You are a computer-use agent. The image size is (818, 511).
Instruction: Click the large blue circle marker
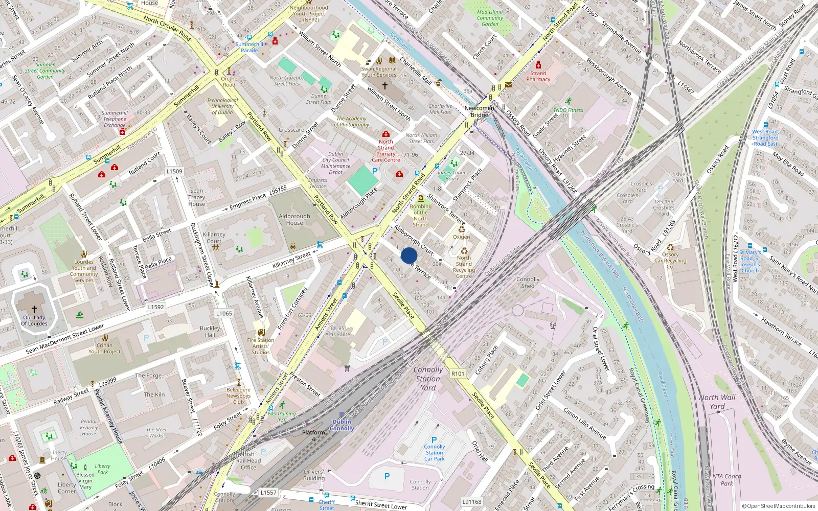[409, 255]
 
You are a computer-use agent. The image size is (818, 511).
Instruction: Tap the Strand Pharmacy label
[538, 76]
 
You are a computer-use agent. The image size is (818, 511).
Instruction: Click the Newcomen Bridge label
[479, 111]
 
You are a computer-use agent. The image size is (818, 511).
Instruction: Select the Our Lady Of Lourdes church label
[34, 320]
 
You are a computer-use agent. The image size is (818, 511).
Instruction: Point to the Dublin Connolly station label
[342, 425]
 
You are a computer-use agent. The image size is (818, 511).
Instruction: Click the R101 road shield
[458, 374]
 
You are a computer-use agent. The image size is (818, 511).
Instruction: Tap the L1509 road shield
[174, 172]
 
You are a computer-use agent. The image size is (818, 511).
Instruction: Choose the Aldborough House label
[294, 219]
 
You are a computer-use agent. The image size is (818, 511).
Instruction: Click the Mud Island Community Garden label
[490, 18]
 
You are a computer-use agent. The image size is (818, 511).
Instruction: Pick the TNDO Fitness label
[567, 110]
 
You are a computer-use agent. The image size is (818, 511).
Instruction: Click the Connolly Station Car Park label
[434, 453]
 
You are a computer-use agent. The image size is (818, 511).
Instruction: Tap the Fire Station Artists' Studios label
[261, 346]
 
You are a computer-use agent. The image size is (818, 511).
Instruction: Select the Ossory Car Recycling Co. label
[670, 260]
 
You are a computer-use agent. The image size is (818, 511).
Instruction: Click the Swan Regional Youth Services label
[379, 72]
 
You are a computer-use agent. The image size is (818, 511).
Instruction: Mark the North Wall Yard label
[717, 402]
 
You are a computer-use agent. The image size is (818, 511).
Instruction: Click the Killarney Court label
[214, 238]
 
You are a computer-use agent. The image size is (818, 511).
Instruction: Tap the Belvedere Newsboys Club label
[238, 396]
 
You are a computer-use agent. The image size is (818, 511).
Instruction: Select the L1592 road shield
[156, 307]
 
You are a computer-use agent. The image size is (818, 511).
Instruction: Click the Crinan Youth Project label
[104, 348]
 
